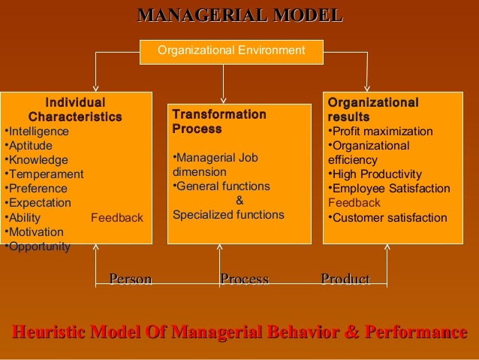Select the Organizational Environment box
pos(231,50)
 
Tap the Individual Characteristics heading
pos(75,110)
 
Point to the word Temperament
pos(45,174)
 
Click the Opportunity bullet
pos(38,247)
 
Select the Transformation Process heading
pos(218,122)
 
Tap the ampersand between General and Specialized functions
pos(239,201)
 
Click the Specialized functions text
pos(228,215)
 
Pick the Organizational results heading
pos(372,110)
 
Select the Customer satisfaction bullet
pos(387,218)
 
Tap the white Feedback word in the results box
pos(354,203)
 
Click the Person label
pos(130,280)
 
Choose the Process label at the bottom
pos(244,280)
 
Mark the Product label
pos(345,280)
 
